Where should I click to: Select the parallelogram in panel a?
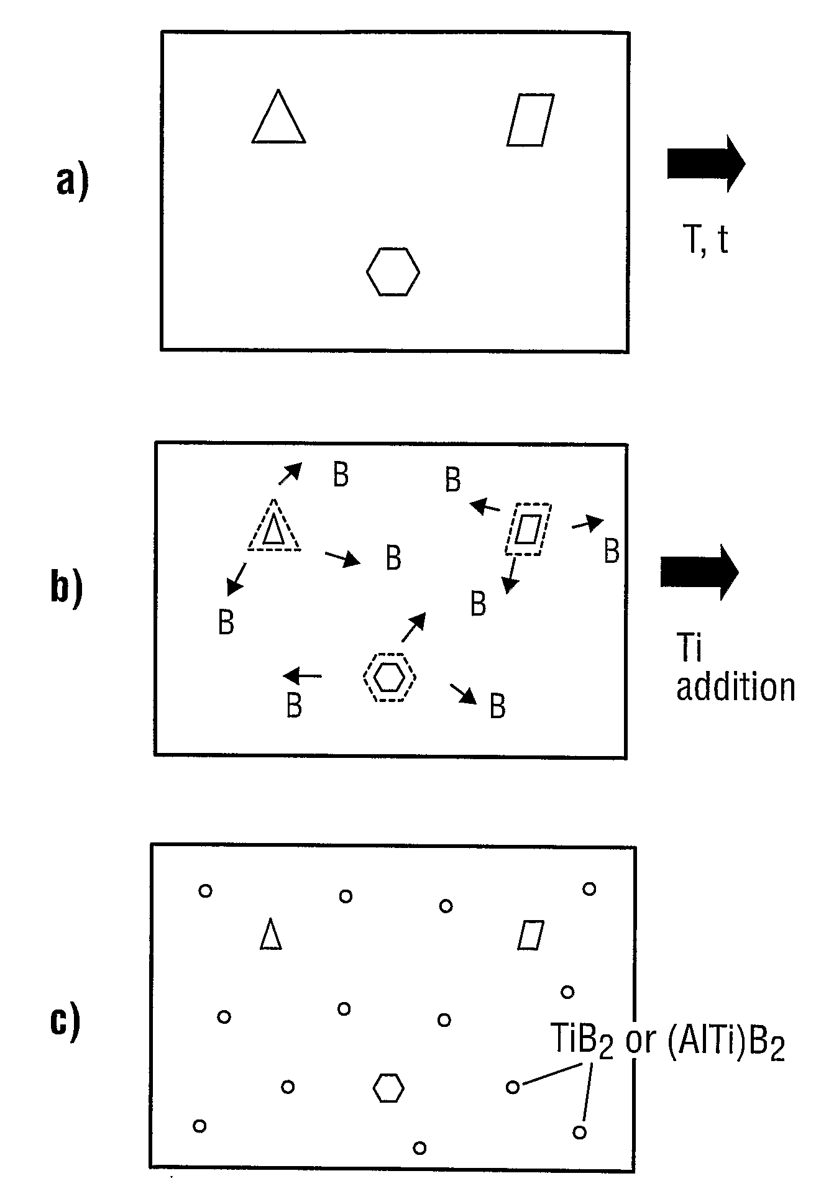[530, 121]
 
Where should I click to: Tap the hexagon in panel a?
[393, 271]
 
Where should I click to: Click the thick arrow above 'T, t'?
[706, 163]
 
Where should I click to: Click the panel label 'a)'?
[72, 182]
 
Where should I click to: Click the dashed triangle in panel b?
[274, 528]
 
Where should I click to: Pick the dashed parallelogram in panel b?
[528, 529]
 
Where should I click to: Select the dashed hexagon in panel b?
[389, 677]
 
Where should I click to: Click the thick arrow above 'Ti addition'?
[700, 572]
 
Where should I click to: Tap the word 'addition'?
[735, 688]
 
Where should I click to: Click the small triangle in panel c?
[270, 934]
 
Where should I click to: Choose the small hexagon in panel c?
[388, 1088]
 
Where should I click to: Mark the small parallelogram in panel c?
[531, 935]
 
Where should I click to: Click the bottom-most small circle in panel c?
[419, 1147]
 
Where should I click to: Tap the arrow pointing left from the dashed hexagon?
[303, 675]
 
